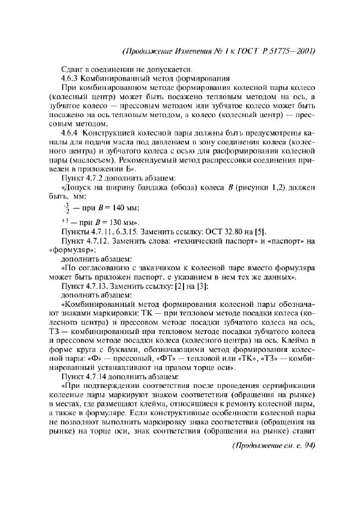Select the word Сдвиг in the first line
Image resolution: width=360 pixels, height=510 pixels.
[72, 69]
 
